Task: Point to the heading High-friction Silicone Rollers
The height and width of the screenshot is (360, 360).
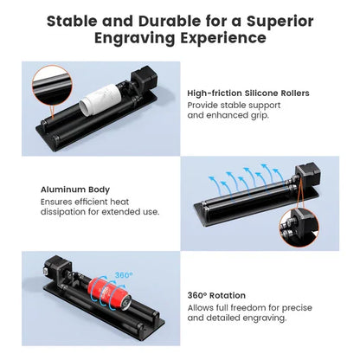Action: pyautogui.click(x=247, y=93)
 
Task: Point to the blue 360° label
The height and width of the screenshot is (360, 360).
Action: pyautogui.click(x=124, y=273)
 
